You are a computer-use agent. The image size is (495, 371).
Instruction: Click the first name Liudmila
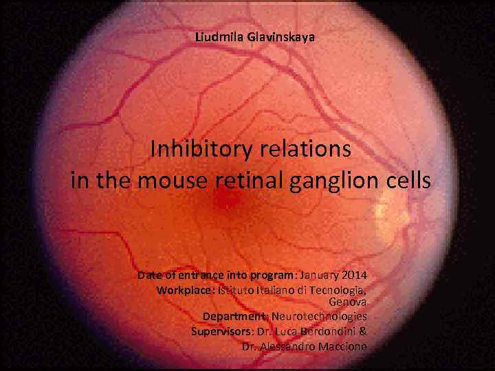[217, 38]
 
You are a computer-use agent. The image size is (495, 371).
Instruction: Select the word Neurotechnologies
[319, 316]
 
